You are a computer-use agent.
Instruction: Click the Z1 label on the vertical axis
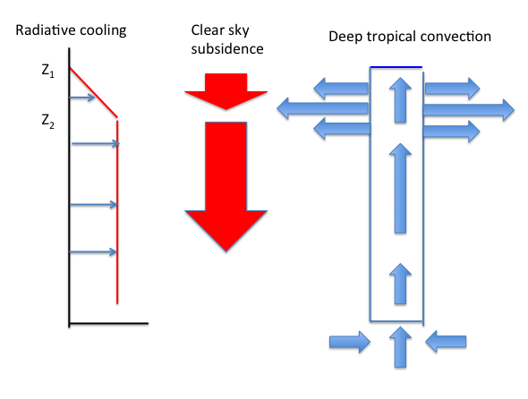tap(47, 71)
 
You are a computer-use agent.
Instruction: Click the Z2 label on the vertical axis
tap(47, 121)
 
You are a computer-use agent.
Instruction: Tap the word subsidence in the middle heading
tap(227, 49)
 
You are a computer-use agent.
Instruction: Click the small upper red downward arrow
tap(226, 91)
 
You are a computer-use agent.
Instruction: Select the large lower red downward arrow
tap(226, 186)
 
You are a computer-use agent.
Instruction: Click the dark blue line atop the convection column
tap(396, 67)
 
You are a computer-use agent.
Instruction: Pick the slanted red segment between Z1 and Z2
tap(93, 93)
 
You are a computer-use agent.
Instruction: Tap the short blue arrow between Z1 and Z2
tap(82, 98)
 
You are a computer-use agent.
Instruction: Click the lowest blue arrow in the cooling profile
tap(93, 252)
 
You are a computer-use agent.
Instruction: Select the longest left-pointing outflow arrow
tap(322, 108)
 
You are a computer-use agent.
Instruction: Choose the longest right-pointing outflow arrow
tap(469, 110)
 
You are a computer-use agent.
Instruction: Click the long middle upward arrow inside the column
tap(400, 188)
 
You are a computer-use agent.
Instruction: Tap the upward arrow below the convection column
tap(400, 347)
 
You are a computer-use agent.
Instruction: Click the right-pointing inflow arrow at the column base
tap(350, 342)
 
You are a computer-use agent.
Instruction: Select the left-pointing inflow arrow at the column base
tap(446, 342)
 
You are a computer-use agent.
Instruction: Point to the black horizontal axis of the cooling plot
tap(109, 324)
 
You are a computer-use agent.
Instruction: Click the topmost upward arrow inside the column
tap(400, 100)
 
